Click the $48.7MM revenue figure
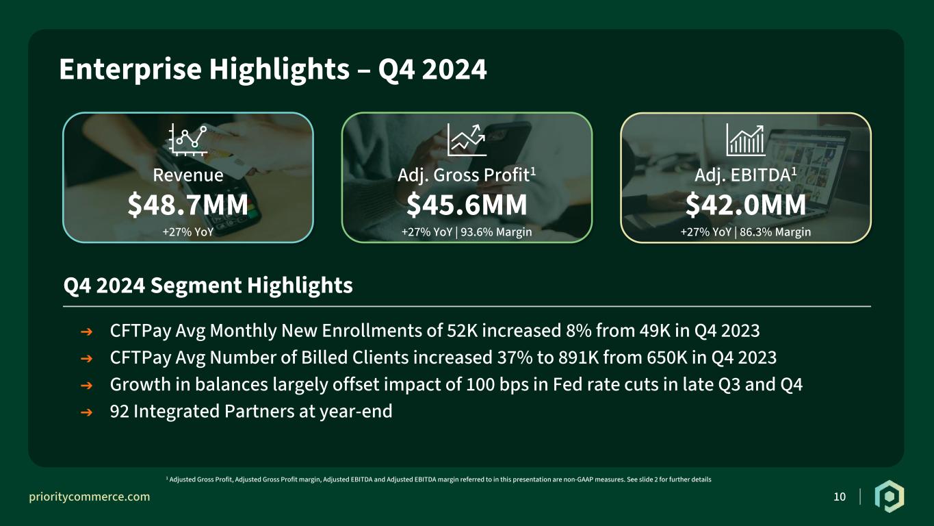187,205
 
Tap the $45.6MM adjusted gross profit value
467,205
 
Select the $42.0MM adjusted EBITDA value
746,205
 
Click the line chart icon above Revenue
188,140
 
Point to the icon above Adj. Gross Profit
467,140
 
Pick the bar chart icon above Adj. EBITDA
745,140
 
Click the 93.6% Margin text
496,232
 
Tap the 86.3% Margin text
775,232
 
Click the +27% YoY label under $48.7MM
188,232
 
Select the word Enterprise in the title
131,70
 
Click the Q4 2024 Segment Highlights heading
208,286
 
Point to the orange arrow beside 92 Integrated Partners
86,412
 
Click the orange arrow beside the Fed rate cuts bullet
86,386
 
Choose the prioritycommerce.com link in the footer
89,497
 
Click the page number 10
840,497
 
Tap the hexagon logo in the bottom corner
890,497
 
